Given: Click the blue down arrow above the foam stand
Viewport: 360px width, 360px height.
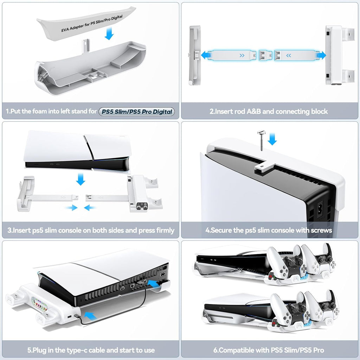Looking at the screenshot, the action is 109,33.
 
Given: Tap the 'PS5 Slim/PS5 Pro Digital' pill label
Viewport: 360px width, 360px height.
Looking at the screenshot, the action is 137,111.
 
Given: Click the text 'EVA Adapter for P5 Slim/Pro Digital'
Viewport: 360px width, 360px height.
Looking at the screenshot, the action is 92,24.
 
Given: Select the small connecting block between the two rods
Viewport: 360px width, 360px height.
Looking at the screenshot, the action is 265,55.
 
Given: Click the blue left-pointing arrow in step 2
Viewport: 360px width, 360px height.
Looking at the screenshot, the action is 206,55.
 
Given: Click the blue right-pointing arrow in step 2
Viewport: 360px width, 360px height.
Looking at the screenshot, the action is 321,55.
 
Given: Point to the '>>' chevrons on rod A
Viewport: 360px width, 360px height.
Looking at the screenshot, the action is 242,56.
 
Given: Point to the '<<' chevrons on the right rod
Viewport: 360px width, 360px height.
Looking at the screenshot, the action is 289,56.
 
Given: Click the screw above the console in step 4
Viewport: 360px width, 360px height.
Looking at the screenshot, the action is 261,140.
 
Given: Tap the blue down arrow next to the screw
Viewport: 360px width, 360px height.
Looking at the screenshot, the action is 272,139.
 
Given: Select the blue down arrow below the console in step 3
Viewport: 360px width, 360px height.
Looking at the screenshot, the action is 81,179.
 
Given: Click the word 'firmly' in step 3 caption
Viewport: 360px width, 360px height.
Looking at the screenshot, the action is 165,230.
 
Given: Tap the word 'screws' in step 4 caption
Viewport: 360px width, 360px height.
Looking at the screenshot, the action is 321,230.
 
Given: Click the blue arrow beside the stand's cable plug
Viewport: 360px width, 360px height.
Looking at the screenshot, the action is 90,316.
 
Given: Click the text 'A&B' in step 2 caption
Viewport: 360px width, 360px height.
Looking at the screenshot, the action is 254,111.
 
